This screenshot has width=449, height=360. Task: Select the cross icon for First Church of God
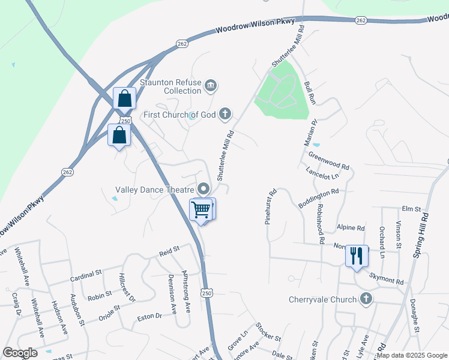point(224,113)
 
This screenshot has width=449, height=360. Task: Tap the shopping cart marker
point(201,209)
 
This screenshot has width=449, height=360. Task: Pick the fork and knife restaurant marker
point(356,256)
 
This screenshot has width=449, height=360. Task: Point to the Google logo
point(20,353)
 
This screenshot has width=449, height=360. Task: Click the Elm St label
point(411,209)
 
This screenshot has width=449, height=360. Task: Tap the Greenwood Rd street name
point(329,160)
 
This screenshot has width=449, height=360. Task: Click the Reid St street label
point(169,250)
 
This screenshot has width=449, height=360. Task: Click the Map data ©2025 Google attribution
point(412,355)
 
